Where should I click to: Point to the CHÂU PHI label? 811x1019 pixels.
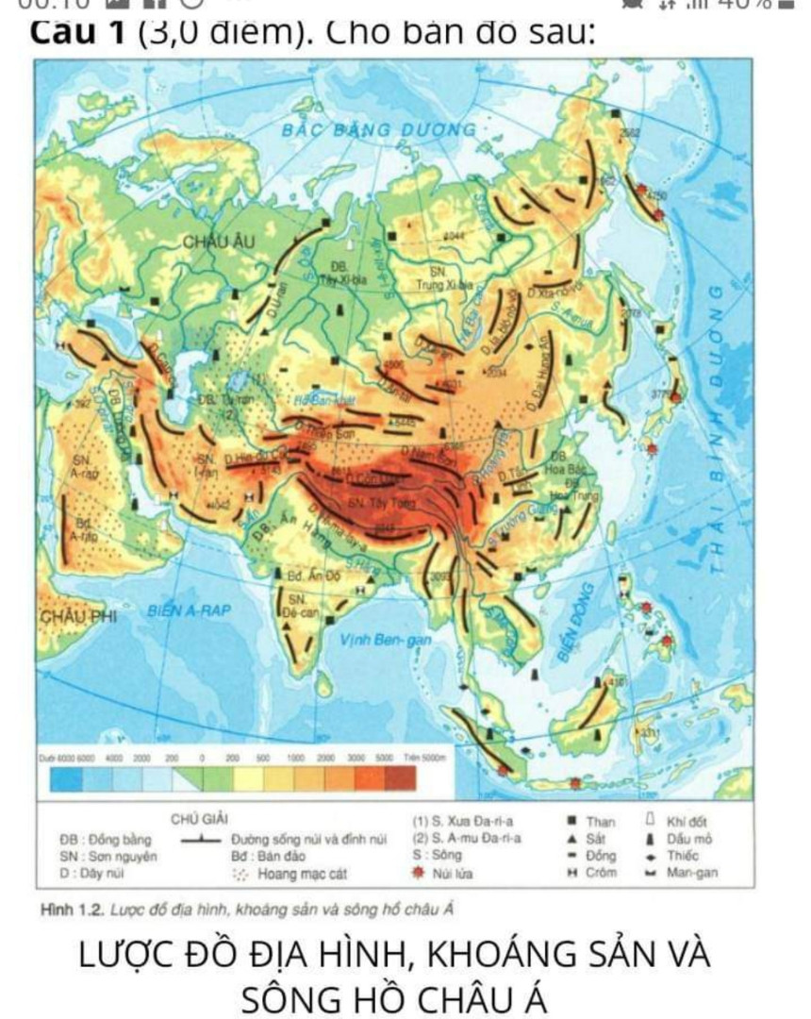(x=76, y=616)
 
